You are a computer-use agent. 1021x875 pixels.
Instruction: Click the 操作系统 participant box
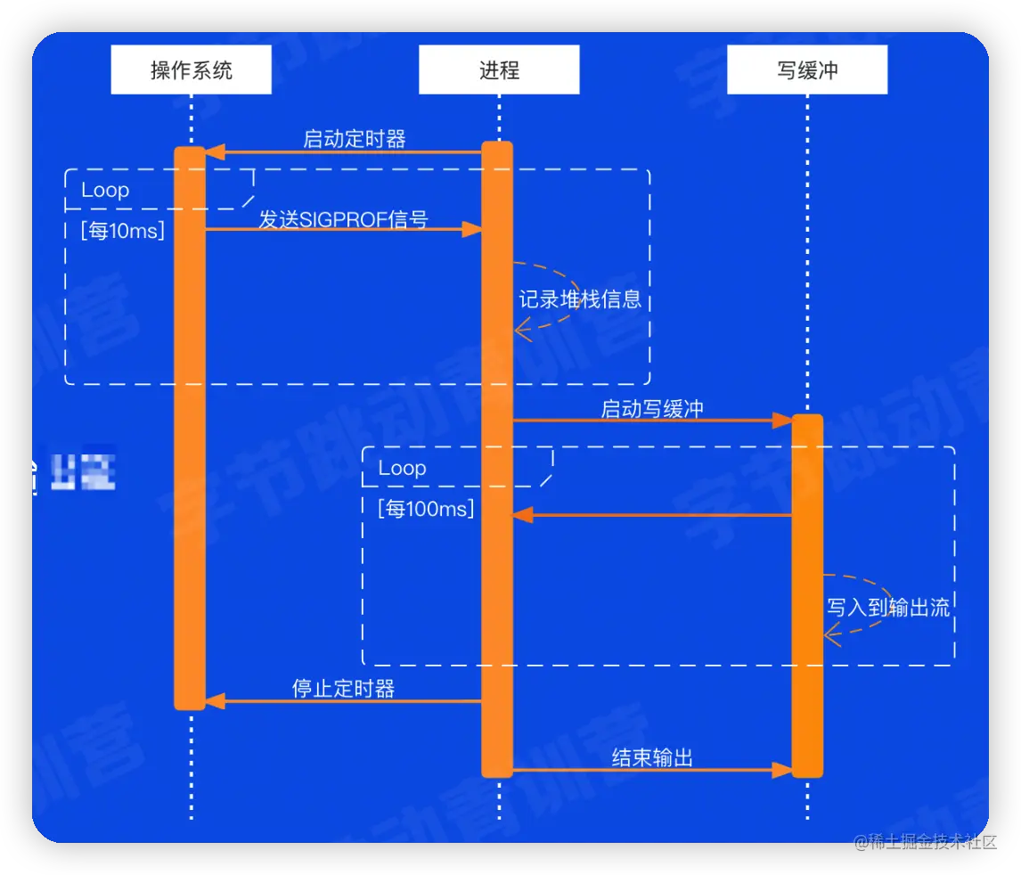click(x=191, y=70)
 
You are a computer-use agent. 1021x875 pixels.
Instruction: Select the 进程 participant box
click(x=499, y=70)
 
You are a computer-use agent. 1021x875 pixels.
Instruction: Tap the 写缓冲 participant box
click(x=807, y=70)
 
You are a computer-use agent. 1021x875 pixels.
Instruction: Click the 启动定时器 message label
click(x=355, y=139)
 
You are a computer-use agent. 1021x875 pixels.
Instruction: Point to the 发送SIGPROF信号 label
click(x=343, y=219)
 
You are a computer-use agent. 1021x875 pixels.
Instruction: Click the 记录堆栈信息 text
click(x=580, y=298)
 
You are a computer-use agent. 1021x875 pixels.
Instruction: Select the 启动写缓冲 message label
click(x=652, y=408)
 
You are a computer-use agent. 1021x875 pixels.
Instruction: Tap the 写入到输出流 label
click(x=887, y=608)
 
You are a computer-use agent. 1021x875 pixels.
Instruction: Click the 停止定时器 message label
click(x=343, y=688)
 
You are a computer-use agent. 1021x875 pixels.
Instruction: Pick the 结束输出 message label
click(x=652, y=757)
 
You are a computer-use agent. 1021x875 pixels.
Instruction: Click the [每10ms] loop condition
click(x=122, y=231)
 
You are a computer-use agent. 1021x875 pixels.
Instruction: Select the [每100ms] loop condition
click(x=426, y=509)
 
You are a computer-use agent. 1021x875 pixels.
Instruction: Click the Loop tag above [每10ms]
click(x=105, y=190)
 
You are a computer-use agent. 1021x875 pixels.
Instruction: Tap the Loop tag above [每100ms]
click(x=402, y=468)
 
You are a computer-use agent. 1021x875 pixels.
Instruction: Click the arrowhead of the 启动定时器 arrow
click(x=214, y=152)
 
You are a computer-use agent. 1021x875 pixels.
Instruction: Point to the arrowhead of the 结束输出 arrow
click(x=782, y=770)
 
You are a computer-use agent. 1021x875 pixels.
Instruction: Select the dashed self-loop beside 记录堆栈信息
click(x=561, y=268)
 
